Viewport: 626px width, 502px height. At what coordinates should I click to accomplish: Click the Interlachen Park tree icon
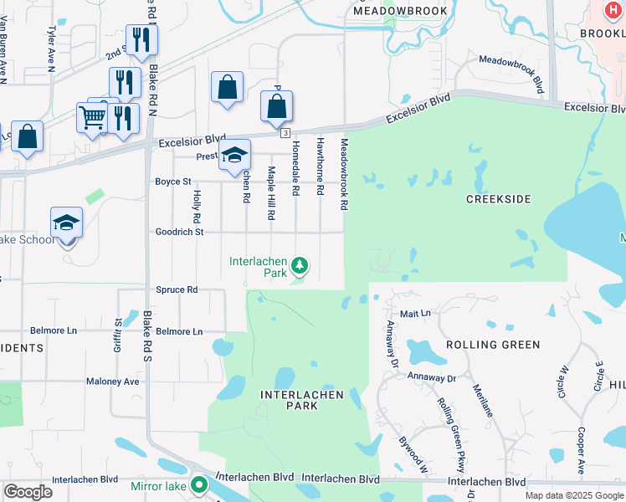coord(300,267)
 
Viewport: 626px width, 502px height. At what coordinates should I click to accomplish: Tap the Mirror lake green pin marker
coord(199,484)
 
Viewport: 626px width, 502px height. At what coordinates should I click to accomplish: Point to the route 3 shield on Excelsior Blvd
coord(285,134)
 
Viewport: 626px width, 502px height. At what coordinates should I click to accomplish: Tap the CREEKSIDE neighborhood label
coord(499,198)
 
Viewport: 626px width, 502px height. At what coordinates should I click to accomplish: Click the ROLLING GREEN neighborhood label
coord(492,345)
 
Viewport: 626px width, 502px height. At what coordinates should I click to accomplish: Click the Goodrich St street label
coord(179,232)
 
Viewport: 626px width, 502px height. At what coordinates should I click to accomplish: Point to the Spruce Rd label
coord(176,289)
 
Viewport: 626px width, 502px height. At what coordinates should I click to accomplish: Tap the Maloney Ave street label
coord(112,381)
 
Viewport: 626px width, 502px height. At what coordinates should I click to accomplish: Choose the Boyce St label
coord(173,181)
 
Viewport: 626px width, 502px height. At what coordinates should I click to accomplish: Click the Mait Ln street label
coord(414,313)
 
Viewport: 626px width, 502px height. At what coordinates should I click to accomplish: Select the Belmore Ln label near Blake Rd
coord(174,331)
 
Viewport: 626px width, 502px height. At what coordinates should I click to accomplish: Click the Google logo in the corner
coord(28,492)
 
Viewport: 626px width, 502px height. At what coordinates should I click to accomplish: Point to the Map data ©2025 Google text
coord(573,495)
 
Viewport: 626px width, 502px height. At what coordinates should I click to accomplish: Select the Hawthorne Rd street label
coord(320,167)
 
